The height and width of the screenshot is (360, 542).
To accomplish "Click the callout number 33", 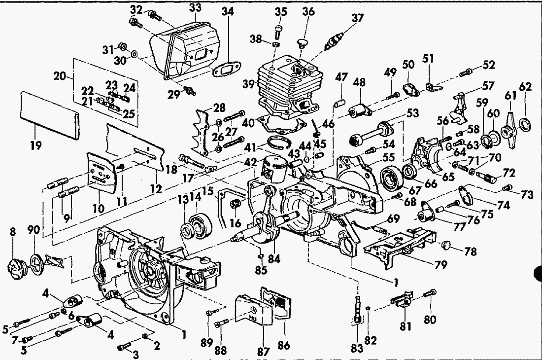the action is pyautogui.click(x=195, y=7).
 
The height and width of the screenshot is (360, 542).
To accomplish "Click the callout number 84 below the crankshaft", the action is pyautogui.click(x=274, y=258).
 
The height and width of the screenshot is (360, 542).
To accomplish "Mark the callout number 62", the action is pyautogui.click(x=525, y=86).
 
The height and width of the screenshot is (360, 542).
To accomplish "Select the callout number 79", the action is pyautogui.click(x=440, y=265).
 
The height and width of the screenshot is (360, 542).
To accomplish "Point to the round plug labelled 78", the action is pyautogui.click(x=447, y=246).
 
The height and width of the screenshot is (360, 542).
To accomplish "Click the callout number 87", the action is pyautogui.click(x=263, y=351).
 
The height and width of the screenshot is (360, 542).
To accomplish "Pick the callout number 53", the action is pyautogui.click(x=412, y=113).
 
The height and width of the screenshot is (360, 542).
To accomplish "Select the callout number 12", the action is pyautogui.click(x=156, y=188).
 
